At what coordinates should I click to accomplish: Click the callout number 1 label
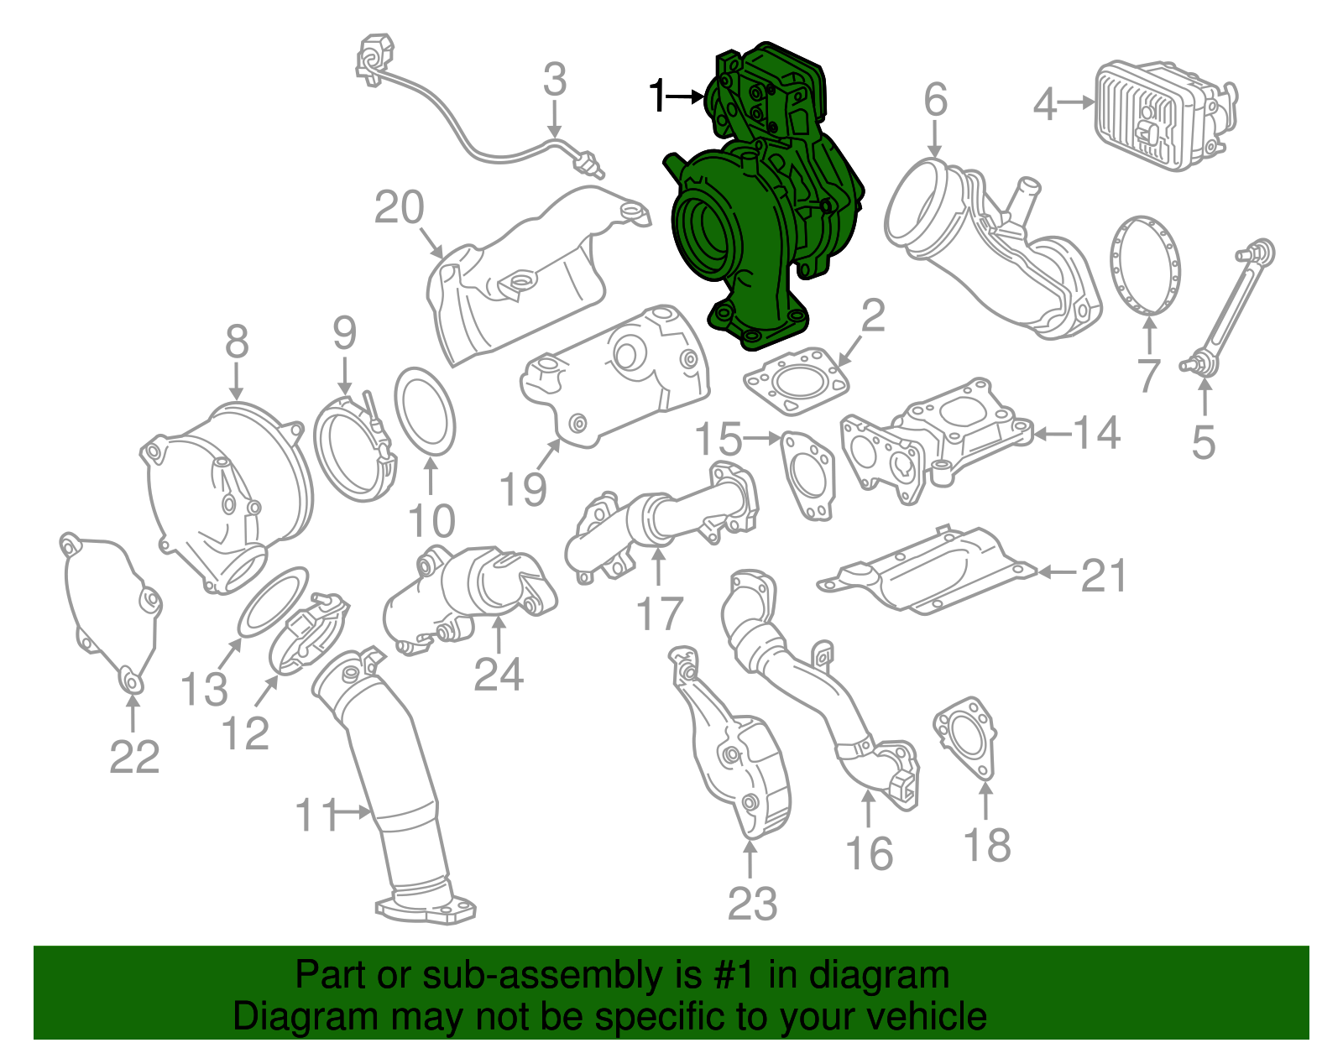(658, 96)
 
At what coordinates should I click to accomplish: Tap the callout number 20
(399, 207)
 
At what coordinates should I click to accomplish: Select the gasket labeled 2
(795, 383)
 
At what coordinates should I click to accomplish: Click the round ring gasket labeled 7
(1145, 265)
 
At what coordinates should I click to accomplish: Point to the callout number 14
(1096, 434)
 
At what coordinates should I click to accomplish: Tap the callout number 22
(134, 758)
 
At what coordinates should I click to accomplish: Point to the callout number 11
(316, 815)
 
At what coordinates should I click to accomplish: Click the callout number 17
(660, 614)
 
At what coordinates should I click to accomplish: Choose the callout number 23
(752, 904)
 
